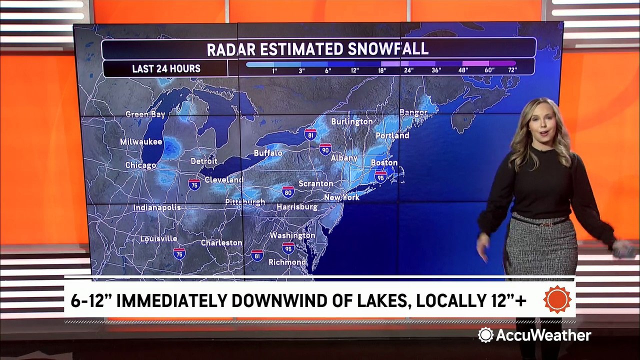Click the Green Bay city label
pyautogui.click(x=145, y=114)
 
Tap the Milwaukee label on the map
pyautogui.click(x=141, y=142)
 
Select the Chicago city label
pyautogui.click(x=140, y=165)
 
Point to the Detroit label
pyautogui.click(x=204, y=161)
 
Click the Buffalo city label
pyautogui.click(x=268, y=153)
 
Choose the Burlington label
pyautogui.click(x=352, y=121)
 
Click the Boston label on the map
pyautogui.click(x=384, y=162)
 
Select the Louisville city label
pyautogui.click(x=158, y=238)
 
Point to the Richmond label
pyautogui.click(x=287, y=262)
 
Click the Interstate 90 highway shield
pyautogui.click(x=325, y=148)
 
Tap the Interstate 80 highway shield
pyautogui.click(x=288, y=191)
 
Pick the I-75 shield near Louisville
pyautogui.click(x=179, y=253)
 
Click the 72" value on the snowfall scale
pyautogui.click(x=511, y=70)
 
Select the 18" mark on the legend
pyautogui.click(x=382, y=70)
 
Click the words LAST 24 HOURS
pyautogui.click(x=166, y=68)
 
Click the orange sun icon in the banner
pyautogui.click(x=557, y=299)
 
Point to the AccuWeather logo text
pyautogui.click(x=542, y=335)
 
